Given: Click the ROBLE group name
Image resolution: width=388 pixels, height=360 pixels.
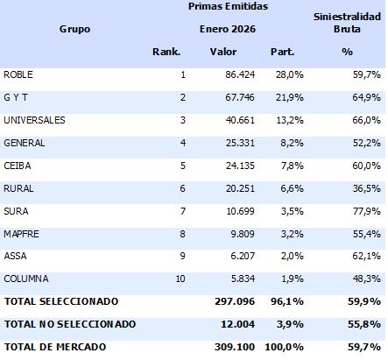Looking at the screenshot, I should tap(18, 74).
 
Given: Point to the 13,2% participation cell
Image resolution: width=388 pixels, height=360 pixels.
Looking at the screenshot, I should tap(279, 120).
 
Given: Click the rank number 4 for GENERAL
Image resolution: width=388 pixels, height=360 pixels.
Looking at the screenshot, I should tap(182, 143).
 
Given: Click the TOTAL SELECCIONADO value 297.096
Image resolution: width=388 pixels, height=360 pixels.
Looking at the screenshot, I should tap(232, 301).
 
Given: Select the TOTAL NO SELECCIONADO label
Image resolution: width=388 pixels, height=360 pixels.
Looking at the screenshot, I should tap(70, 324).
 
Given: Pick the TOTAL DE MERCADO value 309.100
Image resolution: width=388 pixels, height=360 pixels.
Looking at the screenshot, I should tap(232, 347).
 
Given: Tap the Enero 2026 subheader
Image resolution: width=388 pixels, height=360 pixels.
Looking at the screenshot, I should tap(228, 29).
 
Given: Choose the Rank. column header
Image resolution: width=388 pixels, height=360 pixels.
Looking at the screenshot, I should tap(166, 52).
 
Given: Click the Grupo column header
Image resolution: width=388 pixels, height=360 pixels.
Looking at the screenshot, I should tap(74, 29).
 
